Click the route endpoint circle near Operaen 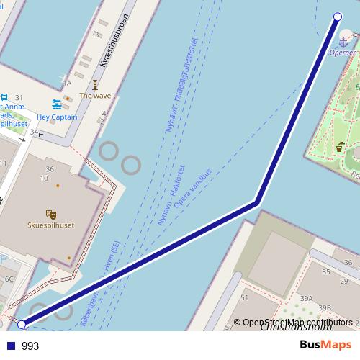[338, 17]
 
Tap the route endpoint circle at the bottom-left [22, 325]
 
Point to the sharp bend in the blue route [256, 202]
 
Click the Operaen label [343, 53]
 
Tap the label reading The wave [95, 95]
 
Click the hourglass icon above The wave [94, 84]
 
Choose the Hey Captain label [57, 117]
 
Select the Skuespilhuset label [50, 225]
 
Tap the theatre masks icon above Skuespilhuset [50, 214]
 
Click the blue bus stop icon [5, 97]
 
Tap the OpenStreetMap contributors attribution [297, 323]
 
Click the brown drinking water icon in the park [339, 146]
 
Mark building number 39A [307, 298]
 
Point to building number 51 [244, 297]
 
